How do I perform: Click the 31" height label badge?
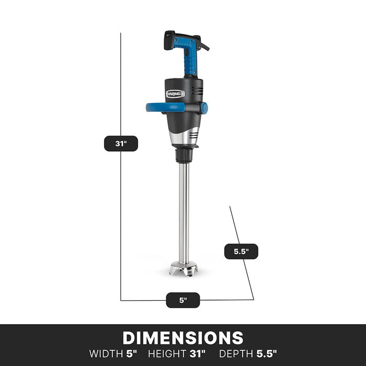click(x=121, y=143)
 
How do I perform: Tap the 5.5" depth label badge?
click(x=241, y=251)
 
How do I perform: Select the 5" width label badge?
click(x=183, y=300)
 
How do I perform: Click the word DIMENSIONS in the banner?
click(x=183, y=338)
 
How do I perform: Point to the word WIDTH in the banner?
click(x=106, y=353)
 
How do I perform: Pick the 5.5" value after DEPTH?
click(x=267, y=353)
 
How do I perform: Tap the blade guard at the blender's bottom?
click(x=184, y=270)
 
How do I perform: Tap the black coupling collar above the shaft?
click(x=184, y=155)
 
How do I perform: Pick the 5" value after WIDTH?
click(x=131, y=353)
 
